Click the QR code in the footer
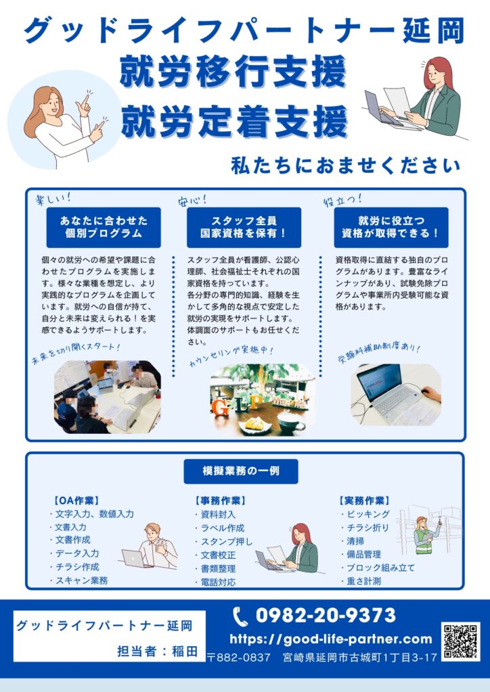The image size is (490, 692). click(460, 641)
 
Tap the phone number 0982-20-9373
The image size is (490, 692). click(326, 616)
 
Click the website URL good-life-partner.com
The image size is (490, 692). click(331, 639)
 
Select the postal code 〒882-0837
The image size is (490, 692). click(239, 657)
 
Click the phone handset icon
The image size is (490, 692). click(240, 616)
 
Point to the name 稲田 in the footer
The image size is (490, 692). click(184, 651)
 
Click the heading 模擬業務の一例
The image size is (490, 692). click(241, 471)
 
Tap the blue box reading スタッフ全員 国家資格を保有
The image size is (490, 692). click(244, 227)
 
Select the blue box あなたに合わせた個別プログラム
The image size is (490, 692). click(104, 227)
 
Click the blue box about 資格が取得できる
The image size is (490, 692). click(391, 227)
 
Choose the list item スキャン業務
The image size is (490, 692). click(79, 580)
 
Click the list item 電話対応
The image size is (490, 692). click(216, 582)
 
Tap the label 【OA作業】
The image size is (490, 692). click(76, 501)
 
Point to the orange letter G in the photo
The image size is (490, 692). click(221, 407)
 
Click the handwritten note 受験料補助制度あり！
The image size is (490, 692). click(378, 351)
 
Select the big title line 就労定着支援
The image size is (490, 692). click(235, 120)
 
